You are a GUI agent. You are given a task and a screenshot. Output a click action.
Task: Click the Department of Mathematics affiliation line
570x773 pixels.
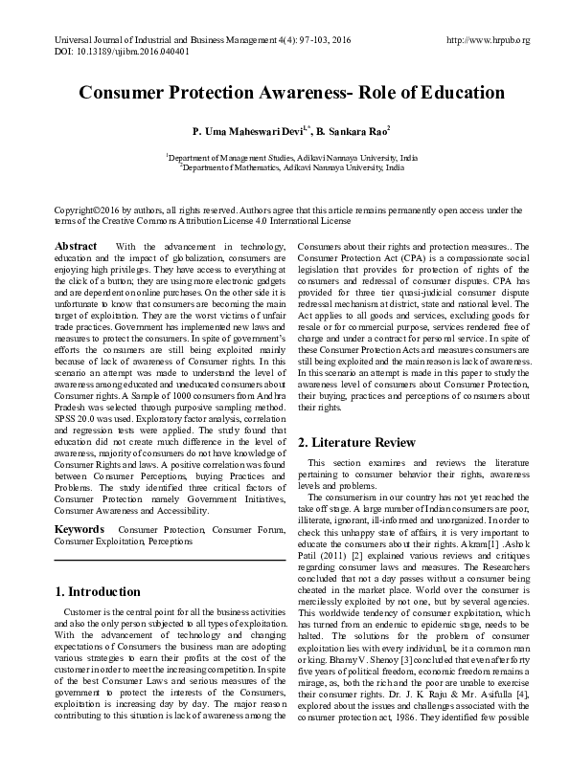click(x=286, y=165)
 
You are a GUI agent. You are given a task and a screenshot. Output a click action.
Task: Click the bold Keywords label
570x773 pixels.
click(x=80, y=528)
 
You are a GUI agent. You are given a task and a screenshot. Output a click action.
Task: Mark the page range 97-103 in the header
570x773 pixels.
click(x=290, y=41)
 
